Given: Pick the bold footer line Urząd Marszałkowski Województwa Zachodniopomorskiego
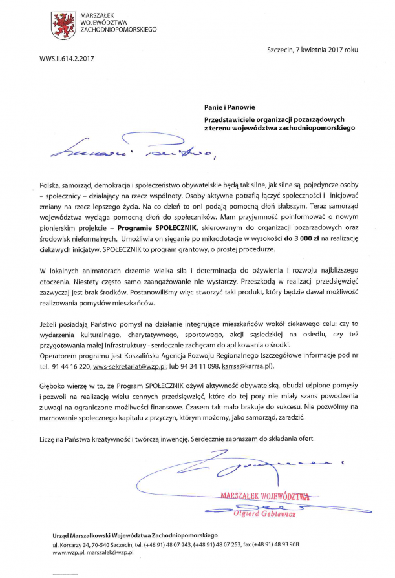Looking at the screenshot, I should tap(136, 535).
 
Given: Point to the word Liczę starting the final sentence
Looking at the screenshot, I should tap(47, 439).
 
